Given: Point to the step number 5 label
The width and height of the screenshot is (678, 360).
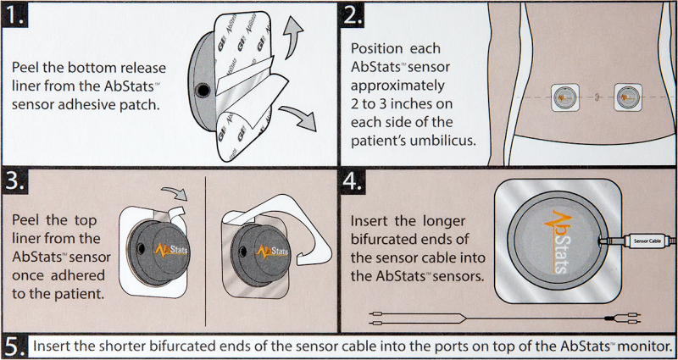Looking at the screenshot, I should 15,346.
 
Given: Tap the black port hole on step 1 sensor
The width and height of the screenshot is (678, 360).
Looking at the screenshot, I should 203,89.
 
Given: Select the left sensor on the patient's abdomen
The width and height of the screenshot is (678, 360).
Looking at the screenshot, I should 565,97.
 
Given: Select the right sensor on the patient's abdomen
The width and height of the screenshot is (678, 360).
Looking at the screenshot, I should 630,97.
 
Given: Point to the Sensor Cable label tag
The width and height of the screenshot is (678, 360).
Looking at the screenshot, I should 650,241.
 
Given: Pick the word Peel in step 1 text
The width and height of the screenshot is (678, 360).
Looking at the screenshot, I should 30,68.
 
